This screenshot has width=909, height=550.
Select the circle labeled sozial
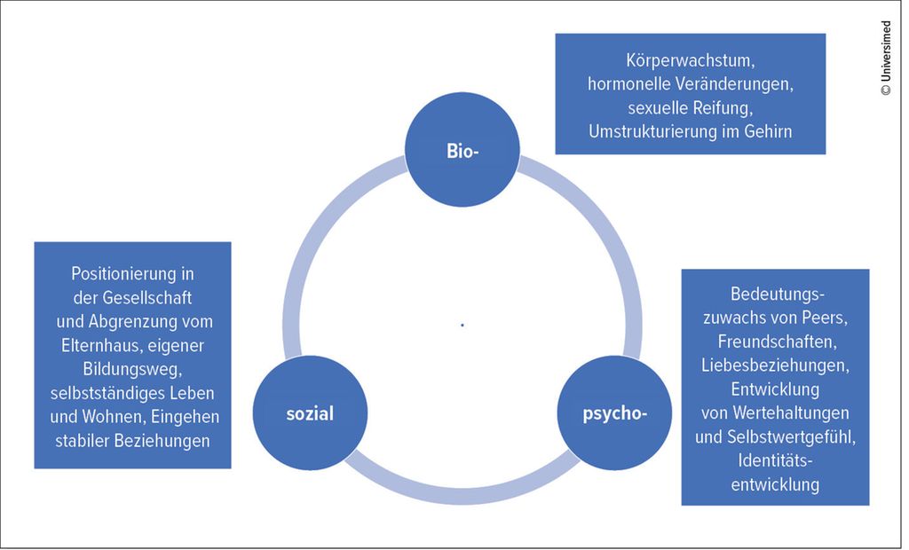(310, 413)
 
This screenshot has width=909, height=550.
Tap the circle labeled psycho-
(614, 413)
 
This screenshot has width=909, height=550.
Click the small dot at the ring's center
(462, 326)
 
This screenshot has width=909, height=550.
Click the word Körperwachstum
(690, 62)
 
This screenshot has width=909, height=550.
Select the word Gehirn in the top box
(766, 131)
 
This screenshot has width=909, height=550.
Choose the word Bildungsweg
(132, 368)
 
